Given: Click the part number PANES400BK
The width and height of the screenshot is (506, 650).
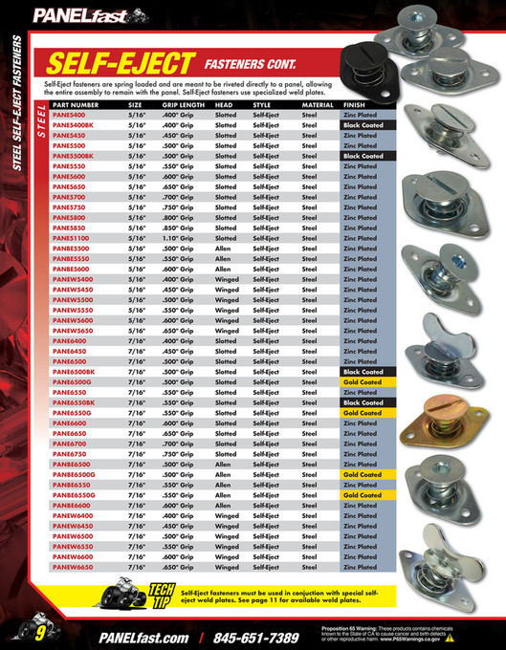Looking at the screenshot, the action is point(73,124).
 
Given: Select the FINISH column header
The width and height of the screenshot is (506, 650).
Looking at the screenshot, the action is point(354,103).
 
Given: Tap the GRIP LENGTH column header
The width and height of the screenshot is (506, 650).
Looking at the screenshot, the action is point(182,103).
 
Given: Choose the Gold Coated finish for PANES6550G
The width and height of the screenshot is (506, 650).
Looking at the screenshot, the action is point(363,412).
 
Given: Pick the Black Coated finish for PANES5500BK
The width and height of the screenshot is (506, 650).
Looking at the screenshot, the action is point(363,155).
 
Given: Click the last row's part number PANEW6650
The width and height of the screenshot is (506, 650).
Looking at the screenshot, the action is point(72,567).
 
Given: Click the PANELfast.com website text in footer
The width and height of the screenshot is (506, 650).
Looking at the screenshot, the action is point(138,637).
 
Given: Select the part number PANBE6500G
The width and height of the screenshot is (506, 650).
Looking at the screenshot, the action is point(74,474).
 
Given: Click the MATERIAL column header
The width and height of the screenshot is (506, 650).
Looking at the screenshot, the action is point(318,103).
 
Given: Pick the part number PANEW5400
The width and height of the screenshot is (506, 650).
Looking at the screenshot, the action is point(73,278).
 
